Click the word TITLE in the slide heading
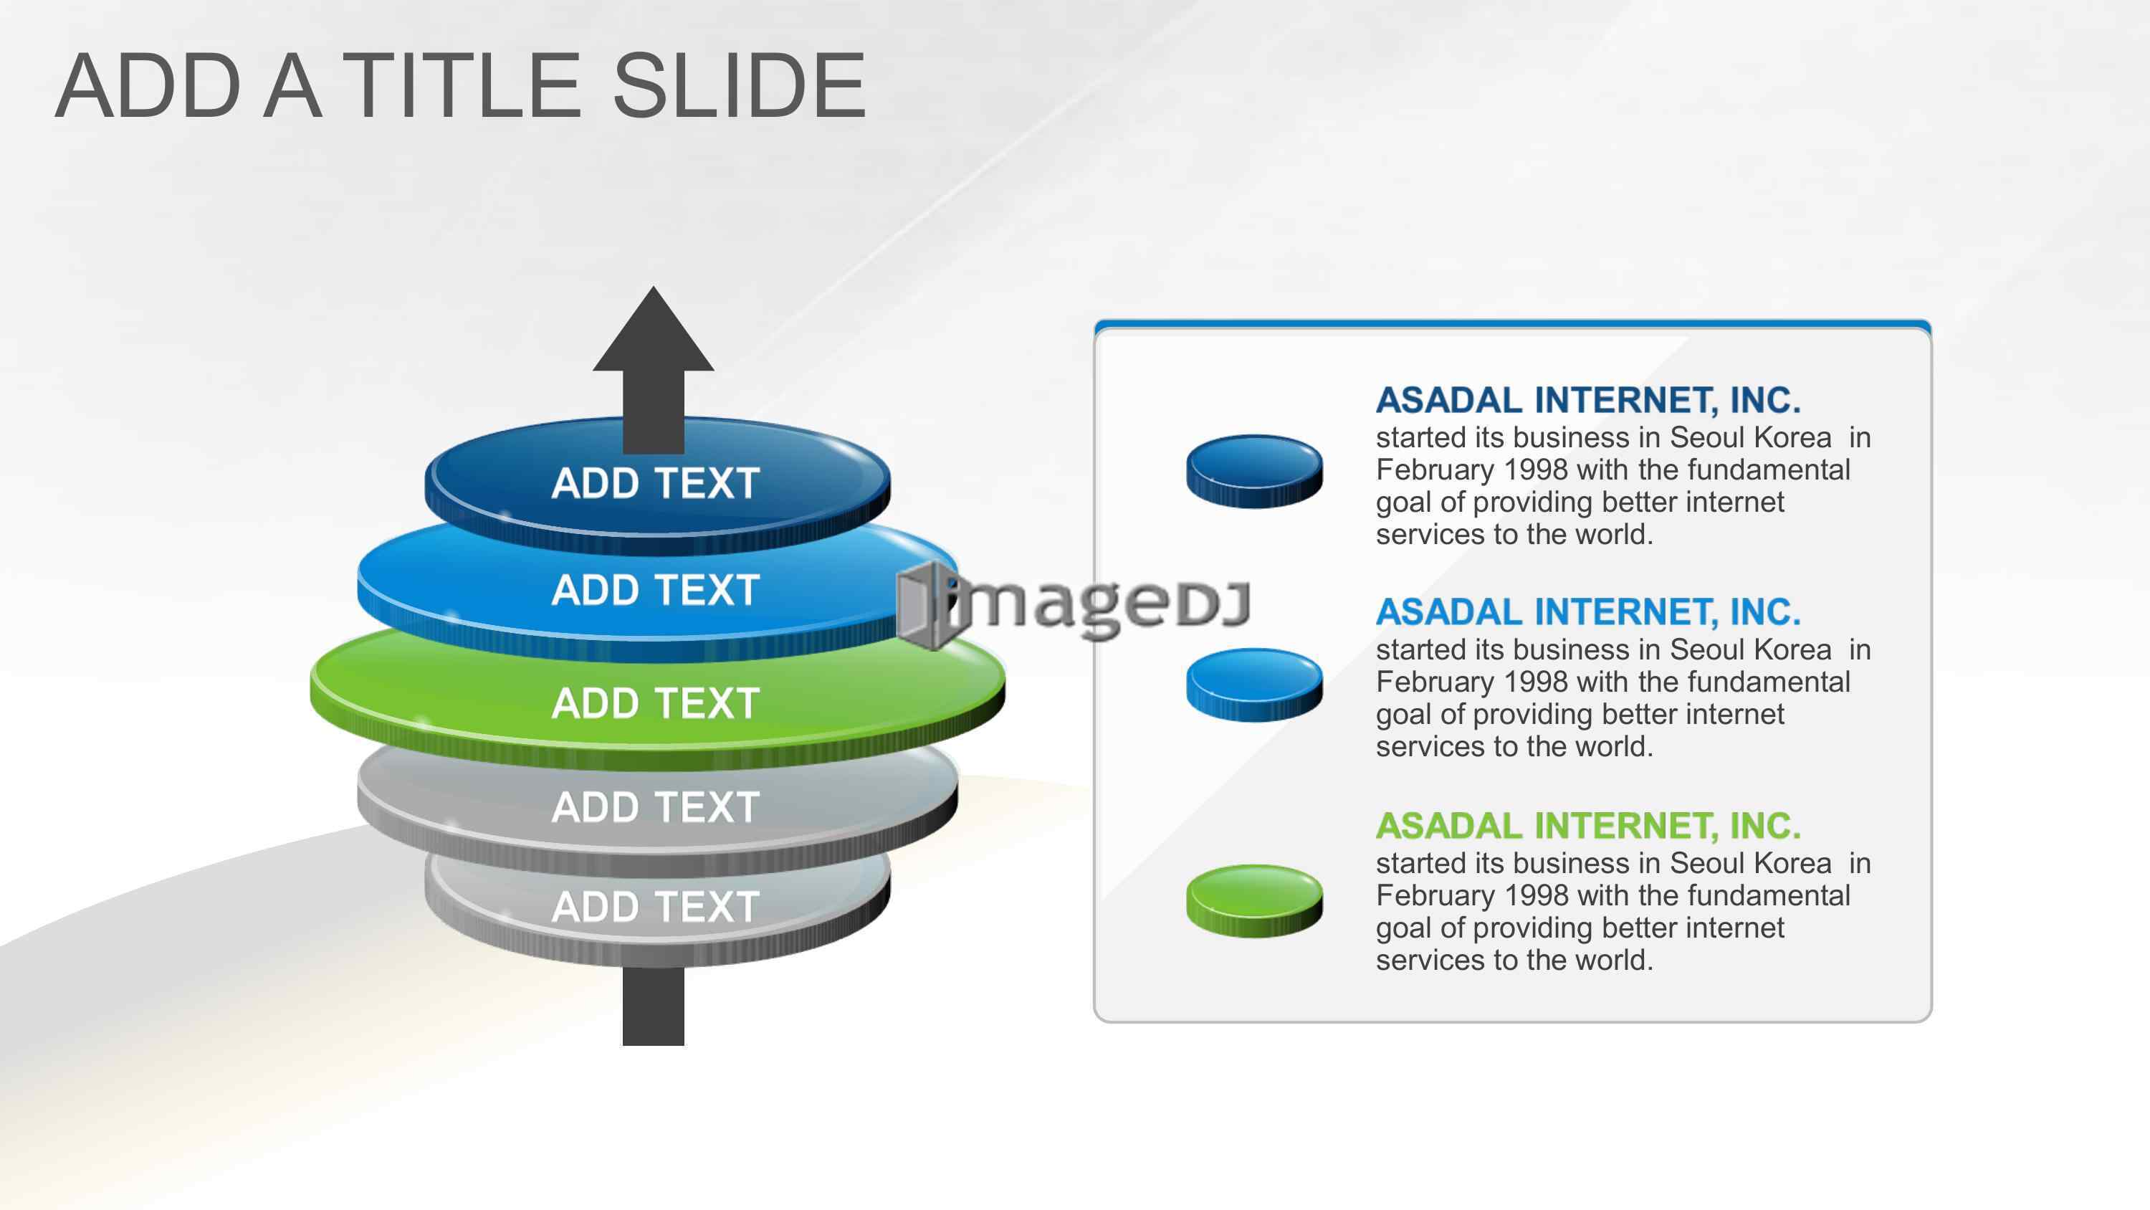(x=462, y=85)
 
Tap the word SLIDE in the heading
(x=740, y=85)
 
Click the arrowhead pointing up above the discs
(x=654, y=329)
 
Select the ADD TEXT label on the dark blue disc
(x=655, y=484)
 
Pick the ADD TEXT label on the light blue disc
(x=655, y=591)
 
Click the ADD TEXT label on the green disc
(x=655, y=703)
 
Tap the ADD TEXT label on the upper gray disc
(x=655, y=807)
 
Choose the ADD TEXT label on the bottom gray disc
(x=655, y=907)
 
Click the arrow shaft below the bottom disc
(x=654, y=1006)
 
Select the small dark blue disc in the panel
(x=1254, y=471)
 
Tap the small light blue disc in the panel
(x=1254, y=685)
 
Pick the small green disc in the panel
(x=1254, y=901)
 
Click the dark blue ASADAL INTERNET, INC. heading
(x=1588, y=401)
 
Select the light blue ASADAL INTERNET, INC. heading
(x=1588, y=613)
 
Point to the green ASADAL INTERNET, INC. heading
(x=1588, y=826)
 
